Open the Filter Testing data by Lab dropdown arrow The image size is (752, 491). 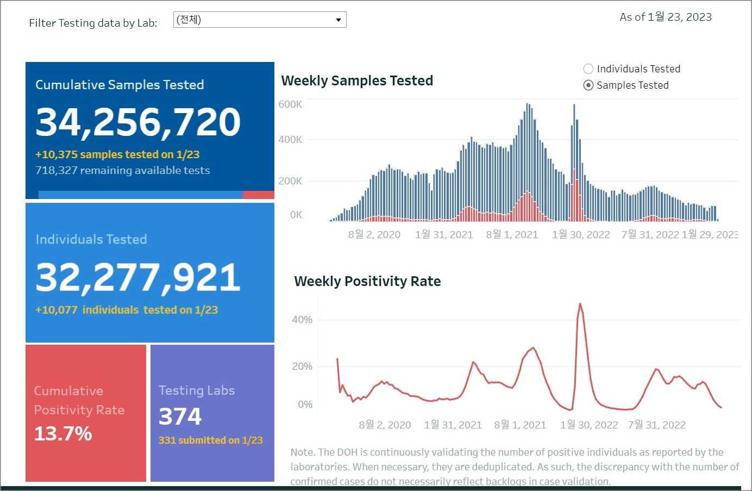pyautogui.click(x=338, y=20)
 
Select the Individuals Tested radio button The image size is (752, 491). pyautogui.click(x=588, y=69)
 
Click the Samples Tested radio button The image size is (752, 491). pyautogui.click(x=588, y=85)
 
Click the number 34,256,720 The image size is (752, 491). pyautogui.click(x=138, y=122)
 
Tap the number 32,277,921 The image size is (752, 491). pyautogui.click(x=138, y=277)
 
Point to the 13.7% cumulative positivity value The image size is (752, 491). pyautogui.click(x=63, y=433)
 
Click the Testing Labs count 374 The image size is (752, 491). pyautogui.click(x=180, y=417)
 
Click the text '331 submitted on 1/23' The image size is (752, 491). pyautogui.click(x=210, y=440)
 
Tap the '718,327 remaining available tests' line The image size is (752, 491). pyautogui.click(x=123, y=171)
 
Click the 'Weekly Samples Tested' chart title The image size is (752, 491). pyautogui.click(x=357, y=81)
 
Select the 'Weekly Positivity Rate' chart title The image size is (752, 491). pyautogui.click(x=367, y=282)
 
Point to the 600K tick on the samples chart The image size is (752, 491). pyautogui.click(x=290, y=104)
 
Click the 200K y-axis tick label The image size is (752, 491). pyautogui.click(x=290, y=181)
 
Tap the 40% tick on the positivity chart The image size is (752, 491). pyautogui.click(x=302, y=320)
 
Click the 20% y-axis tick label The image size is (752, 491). pyautogui.click(x=302, y=366)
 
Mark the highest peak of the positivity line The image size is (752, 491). pyautogui.click(x=580, y=304)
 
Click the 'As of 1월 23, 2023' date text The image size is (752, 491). pyautogui.click(x=666, y=17)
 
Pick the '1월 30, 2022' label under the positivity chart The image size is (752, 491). pyautogui.click(x=589, y=425)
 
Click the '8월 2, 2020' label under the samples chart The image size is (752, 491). pyautogui.click(x=374, y=235)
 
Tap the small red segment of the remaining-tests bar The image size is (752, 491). pyautogui.click(x=258, y=195)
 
